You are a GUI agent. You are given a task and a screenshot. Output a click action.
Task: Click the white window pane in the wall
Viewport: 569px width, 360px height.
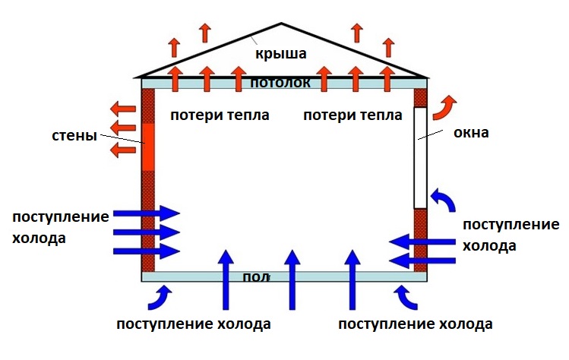(x=420, y=157)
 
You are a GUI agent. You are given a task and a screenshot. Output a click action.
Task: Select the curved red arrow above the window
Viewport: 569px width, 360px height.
(x=442, y=106)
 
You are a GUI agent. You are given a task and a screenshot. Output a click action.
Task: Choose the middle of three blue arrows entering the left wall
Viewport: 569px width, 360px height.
(x=147, y=232)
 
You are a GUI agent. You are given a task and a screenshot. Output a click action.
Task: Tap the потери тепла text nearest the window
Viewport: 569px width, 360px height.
(x=352, y=115)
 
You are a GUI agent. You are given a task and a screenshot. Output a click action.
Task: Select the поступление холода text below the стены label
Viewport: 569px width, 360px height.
(x=60, y=226)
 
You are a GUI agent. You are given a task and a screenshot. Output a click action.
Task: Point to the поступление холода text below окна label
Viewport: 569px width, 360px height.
(x=501, y=235)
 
